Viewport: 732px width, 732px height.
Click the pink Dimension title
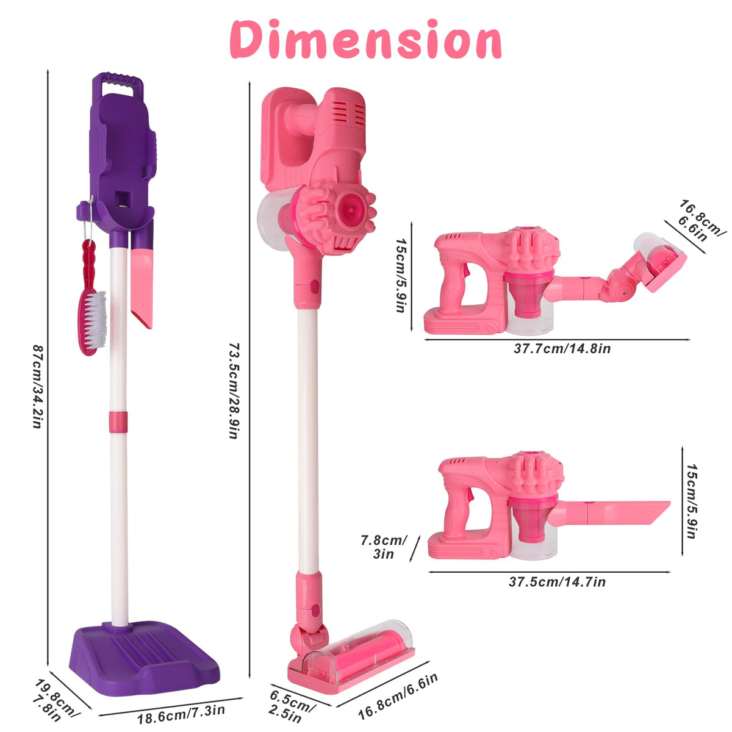point(365,40)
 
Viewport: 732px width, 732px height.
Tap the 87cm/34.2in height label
point(37,386)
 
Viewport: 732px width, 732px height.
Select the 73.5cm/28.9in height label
point(233,391)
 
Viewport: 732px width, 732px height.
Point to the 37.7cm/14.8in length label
point(562,349)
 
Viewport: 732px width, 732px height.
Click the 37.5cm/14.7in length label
point(558,582)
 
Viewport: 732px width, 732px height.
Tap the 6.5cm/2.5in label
point(290,707)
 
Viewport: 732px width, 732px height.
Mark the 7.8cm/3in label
point(384,547)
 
